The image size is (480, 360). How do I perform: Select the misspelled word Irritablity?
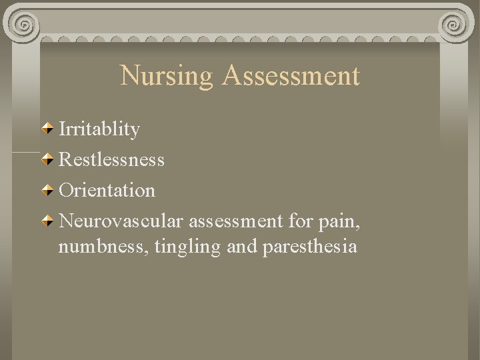tap(99, 129)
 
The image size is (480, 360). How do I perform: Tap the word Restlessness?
tap(111, 160)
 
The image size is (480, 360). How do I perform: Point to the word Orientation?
tap(107, 191)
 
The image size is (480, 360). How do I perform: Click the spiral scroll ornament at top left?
tap(25, 25)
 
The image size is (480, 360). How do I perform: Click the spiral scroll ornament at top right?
tap(455, 25)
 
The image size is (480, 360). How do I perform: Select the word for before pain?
tap(304, 221)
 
